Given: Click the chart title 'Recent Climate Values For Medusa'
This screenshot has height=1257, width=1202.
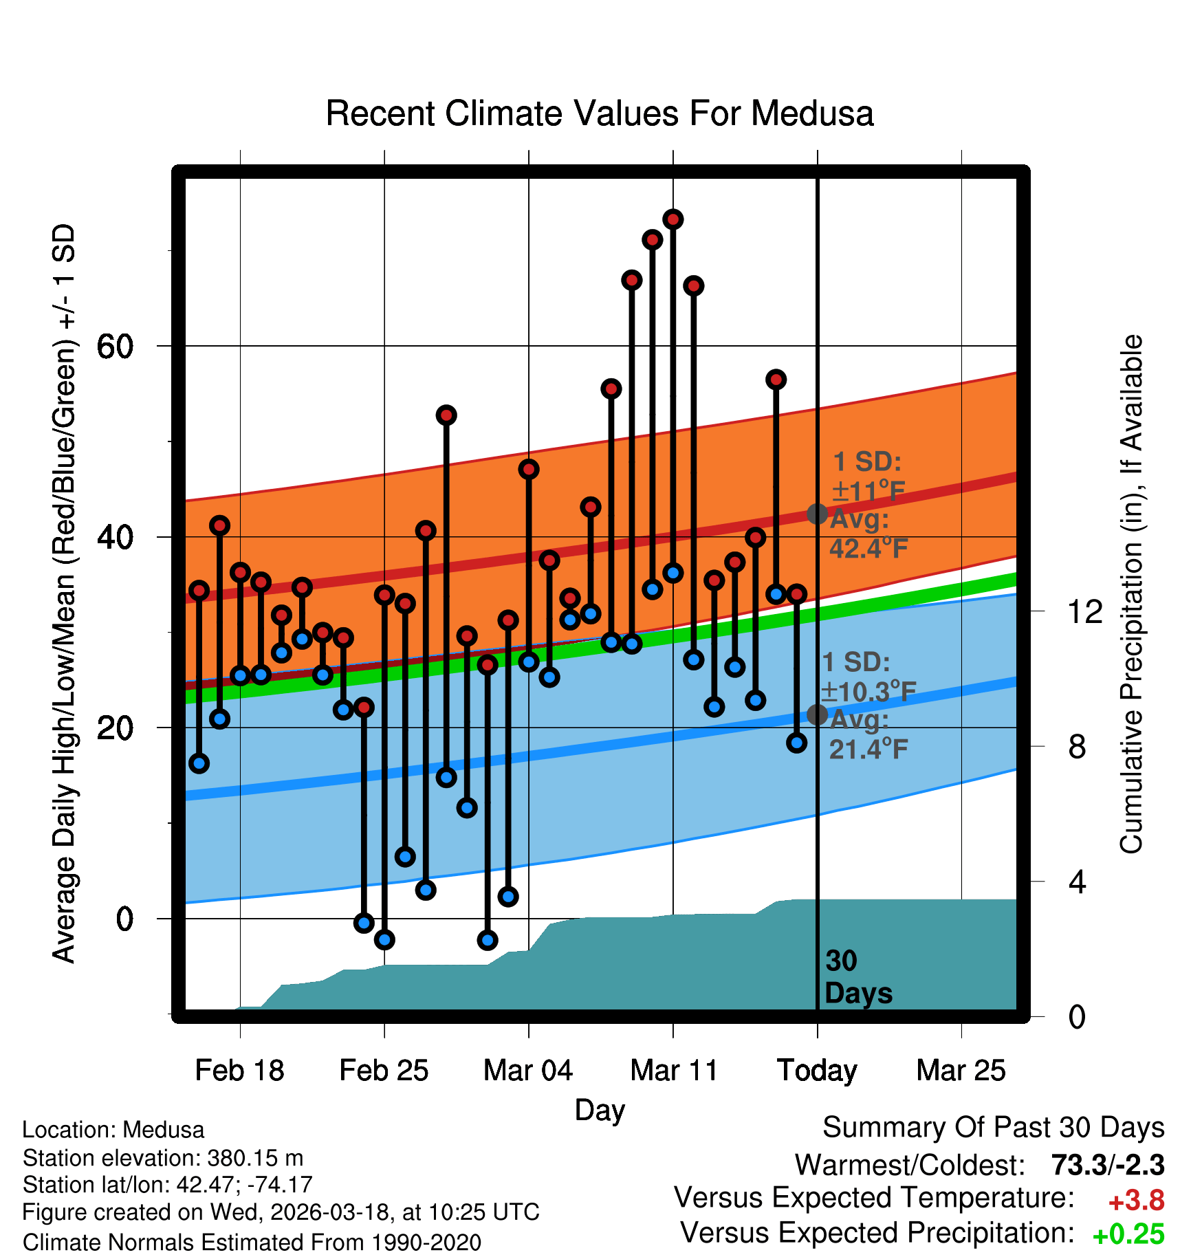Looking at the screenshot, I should point(600,113).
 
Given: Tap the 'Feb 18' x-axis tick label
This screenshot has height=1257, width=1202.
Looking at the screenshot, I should point(239,1071).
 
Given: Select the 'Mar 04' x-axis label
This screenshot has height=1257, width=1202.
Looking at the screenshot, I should point(528,1071).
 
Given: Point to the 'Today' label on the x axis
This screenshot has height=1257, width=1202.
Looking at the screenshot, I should point(817,1071).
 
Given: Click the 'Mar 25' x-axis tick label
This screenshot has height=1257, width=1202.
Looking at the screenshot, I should point(961,1071).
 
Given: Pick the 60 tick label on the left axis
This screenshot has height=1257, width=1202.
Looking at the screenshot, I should point(115,347).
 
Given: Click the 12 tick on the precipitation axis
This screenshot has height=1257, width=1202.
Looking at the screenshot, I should point(1084,611).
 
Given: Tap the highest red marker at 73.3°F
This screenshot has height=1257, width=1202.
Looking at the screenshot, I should point(673,219).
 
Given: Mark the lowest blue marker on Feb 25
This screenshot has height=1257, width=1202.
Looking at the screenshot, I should point(384,939).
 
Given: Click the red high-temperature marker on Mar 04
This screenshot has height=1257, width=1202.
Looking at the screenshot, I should point(528,470).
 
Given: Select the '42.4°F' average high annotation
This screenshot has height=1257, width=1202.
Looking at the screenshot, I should point(868,548).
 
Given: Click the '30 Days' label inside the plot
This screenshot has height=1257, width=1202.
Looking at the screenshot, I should point(857,977).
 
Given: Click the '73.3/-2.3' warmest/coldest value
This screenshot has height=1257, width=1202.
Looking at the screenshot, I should point(1107,1166).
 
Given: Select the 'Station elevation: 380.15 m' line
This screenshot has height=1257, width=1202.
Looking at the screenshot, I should point(163,1158).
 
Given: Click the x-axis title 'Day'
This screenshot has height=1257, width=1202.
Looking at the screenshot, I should point(600,1110).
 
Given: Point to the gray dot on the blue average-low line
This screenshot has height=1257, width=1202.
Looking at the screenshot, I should point(817,715).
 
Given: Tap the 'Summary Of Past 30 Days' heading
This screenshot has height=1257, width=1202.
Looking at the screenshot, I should point(993,1128).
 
